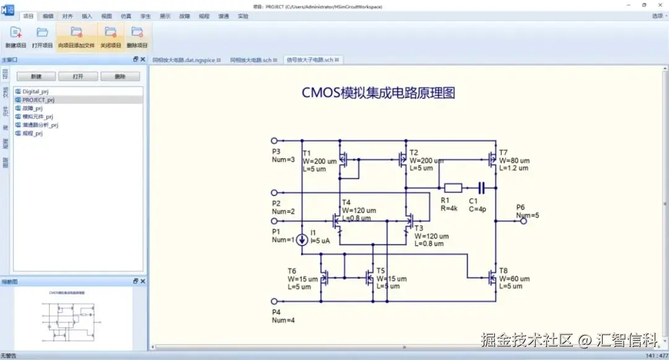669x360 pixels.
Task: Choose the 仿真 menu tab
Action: click(x=126, y=16)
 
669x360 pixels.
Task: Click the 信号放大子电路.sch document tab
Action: click(x=309, y=60)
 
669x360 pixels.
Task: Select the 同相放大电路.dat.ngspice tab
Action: click(x=184, y=60)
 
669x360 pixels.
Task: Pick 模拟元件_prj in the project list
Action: click(x=38, y=116)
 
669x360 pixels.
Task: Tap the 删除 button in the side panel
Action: click(x=120, y=76)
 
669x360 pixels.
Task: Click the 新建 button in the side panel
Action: click(x=36, y=76)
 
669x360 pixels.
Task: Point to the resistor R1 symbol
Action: click(x=453, y=187)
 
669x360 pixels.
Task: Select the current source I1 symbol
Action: click(x=302, y=239)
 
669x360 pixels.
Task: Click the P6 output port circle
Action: click(x=523, y=221)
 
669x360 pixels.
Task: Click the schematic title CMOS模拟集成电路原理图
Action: click(x=378, y=93)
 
